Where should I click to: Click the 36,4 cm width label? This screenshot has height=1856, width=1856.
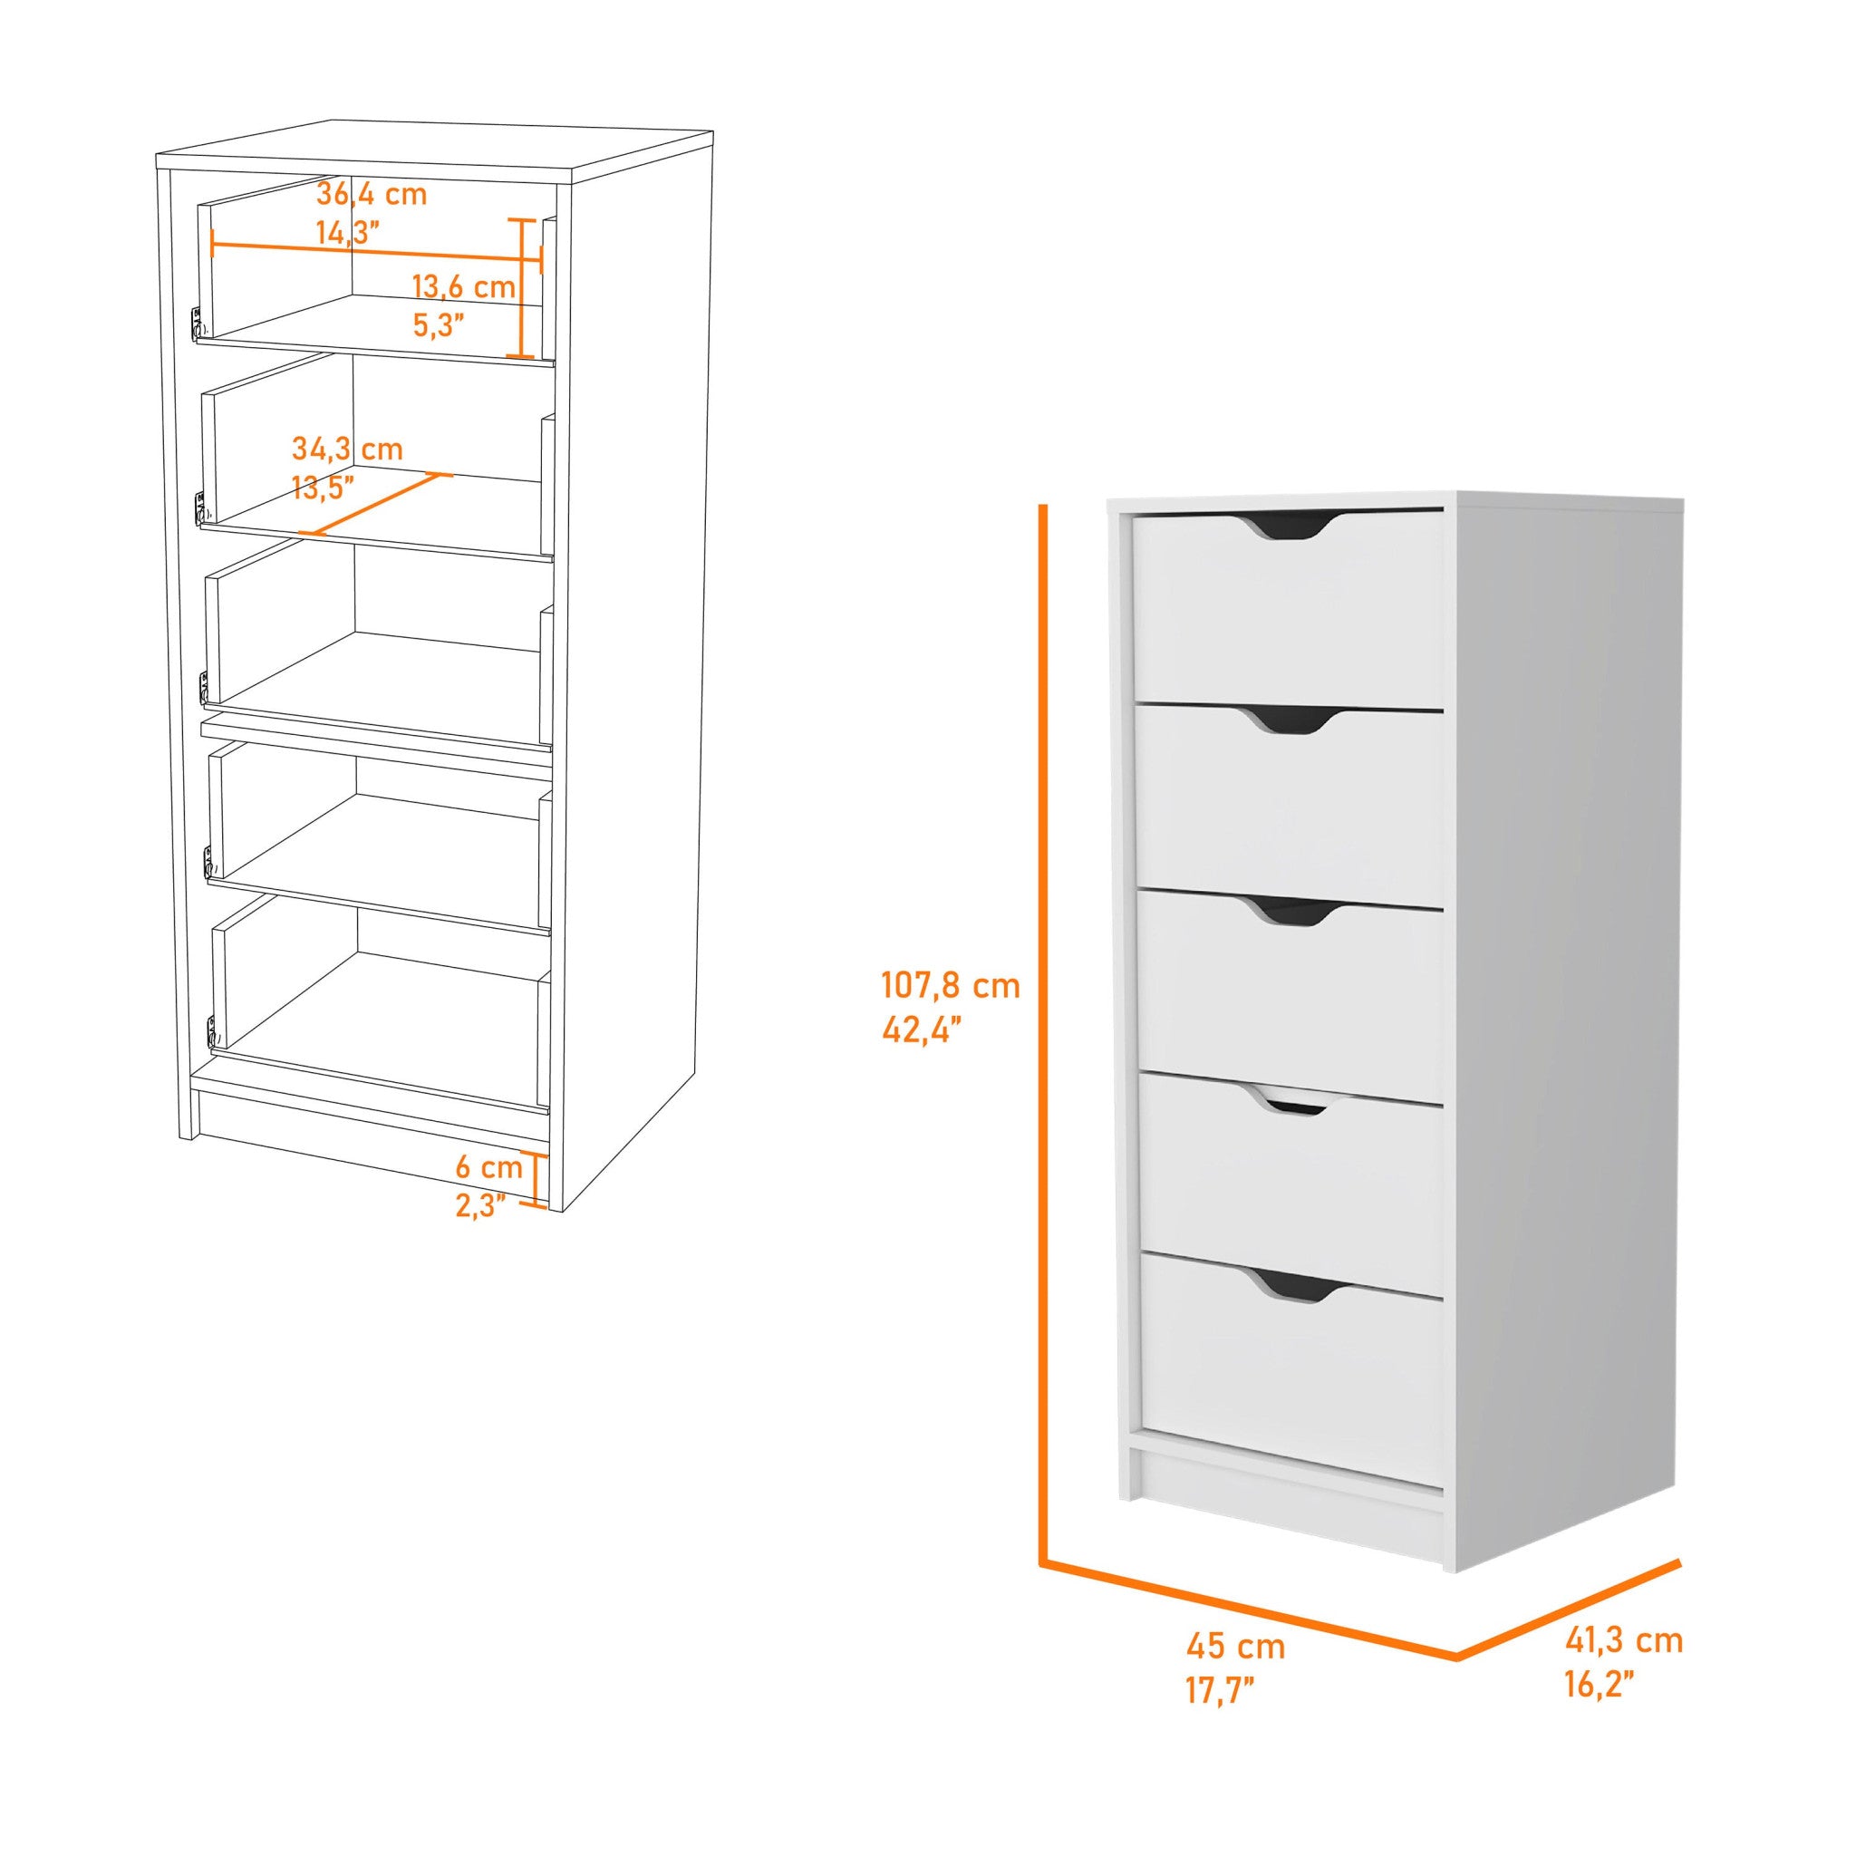(x=371, y=195)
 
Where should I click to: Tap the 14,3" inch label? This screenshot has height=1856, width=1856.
(x=347, y=234)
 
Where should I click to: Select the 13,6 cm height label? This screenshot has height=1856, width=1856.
(x=463, y=286)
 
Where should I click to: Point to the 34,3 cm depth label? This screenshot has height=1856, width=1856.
(x=347, y=449)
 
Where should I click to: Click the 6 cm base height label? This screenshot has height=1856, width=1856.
(x=488, y=1167)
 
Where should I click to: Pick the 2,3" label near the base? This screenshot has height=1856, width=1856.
(x=480, y=1205)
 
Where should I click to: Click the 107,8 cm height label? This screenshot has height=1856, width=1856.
(x=950, y=986)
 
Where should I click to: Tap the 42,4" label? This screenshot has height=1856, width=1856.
(x=922, y=1029)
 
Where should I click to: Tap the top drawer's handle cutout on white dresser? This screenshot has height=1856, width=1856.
(x=1286, y=527)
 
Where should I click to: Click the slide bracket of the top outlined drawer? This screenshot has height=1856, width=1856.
(x=196, y=323)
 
